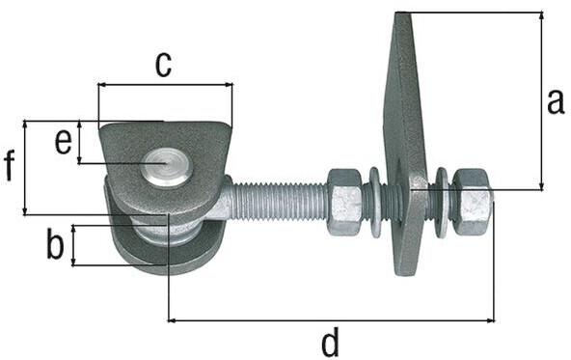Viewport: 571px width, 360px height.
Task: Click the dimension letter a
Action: point(556,102)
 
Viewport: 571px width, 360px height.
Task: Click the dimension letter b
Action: point(55,243)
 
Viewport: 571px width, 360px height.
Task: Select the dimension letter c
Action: point(163,66)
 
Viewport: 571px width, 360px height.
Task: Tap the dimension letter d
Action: point(331,342)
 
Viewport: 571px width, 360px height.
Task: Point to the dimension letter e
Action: point(64,142)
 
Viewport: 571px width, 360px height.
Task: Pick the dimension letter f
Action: point(10,166)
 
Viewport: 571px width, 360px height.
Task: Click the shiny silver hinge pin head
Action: point(168,167)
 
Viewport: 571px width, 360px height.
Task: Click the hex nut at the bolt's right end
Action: point(473,202)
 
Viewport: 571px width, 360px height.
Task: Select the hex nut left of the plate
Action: point(345,202)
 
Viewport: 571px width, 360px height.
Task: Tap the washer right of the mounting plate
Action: point(443,203)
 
